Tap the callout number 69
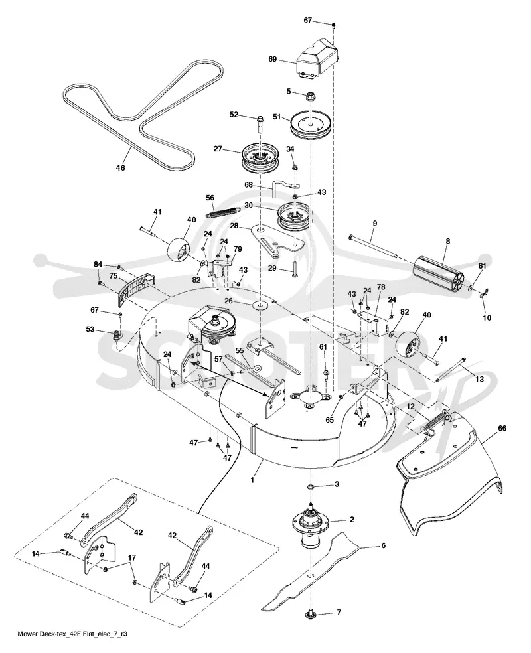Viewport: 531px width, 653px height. click(272, 59)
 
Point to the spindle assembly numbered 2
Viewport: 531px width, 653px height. click(311, 526)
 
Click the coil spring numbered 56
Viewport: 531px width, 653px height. click(222, 211)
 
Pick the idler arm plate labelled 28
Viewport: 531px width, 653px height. click(278, 242)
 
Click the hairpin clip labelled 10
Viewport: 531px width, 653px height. click(483, 295)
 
